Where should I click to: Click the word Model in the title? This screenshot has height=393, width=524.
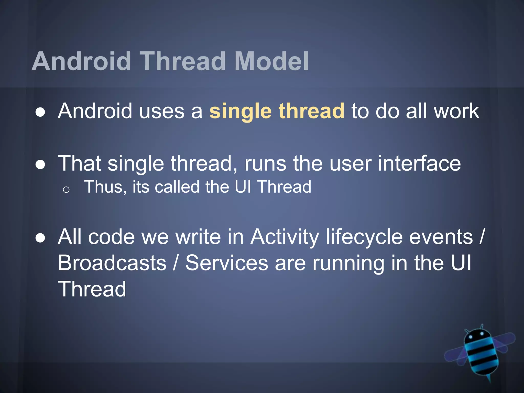(271, 61)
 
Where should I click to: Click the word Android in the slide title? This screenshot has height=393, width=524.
(81, 61)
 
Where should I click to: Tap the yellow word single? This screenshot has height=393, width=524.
(240, 111)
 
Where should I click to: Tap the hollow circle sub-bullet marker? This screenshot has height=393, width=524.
(66, 190)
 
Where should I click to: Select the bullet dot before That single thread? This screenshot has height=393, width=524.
(40, 165)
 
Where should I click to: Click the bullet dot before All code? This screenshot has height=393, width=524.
(40, 238)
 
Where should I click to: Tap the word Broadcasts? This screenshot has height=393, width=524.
(112, 263)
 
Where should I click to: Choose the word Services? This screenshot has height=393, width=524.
(227, 263)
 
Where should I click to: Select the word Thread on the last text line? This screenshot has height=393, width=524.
(92, 289)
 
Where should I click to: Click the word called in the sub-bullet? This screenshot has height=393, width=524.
(177, 187)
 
